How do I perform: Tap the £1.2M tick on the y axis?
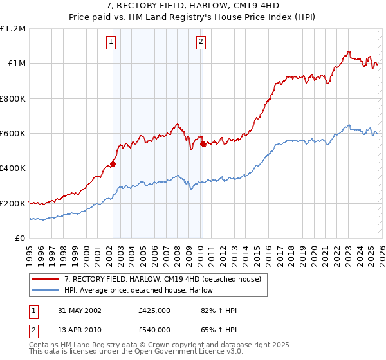pyautogui.click(x=14, y=29)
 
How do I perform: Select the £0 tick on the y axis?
pyautogui.click(x=21, y=239)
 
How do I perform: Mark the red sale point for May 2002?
pyautogui.click(x=113, y=164)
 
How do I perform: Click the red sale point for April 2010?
pyautogui.click(x=203, y=144)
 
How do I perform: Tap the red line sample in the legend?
pyautogui.click(x=46, y=279)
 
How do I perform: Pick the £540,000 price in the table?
pyautogui.click(x=154, y=330)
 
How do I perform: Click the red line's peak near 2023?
pyautogui.click(x=348, y=51)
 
